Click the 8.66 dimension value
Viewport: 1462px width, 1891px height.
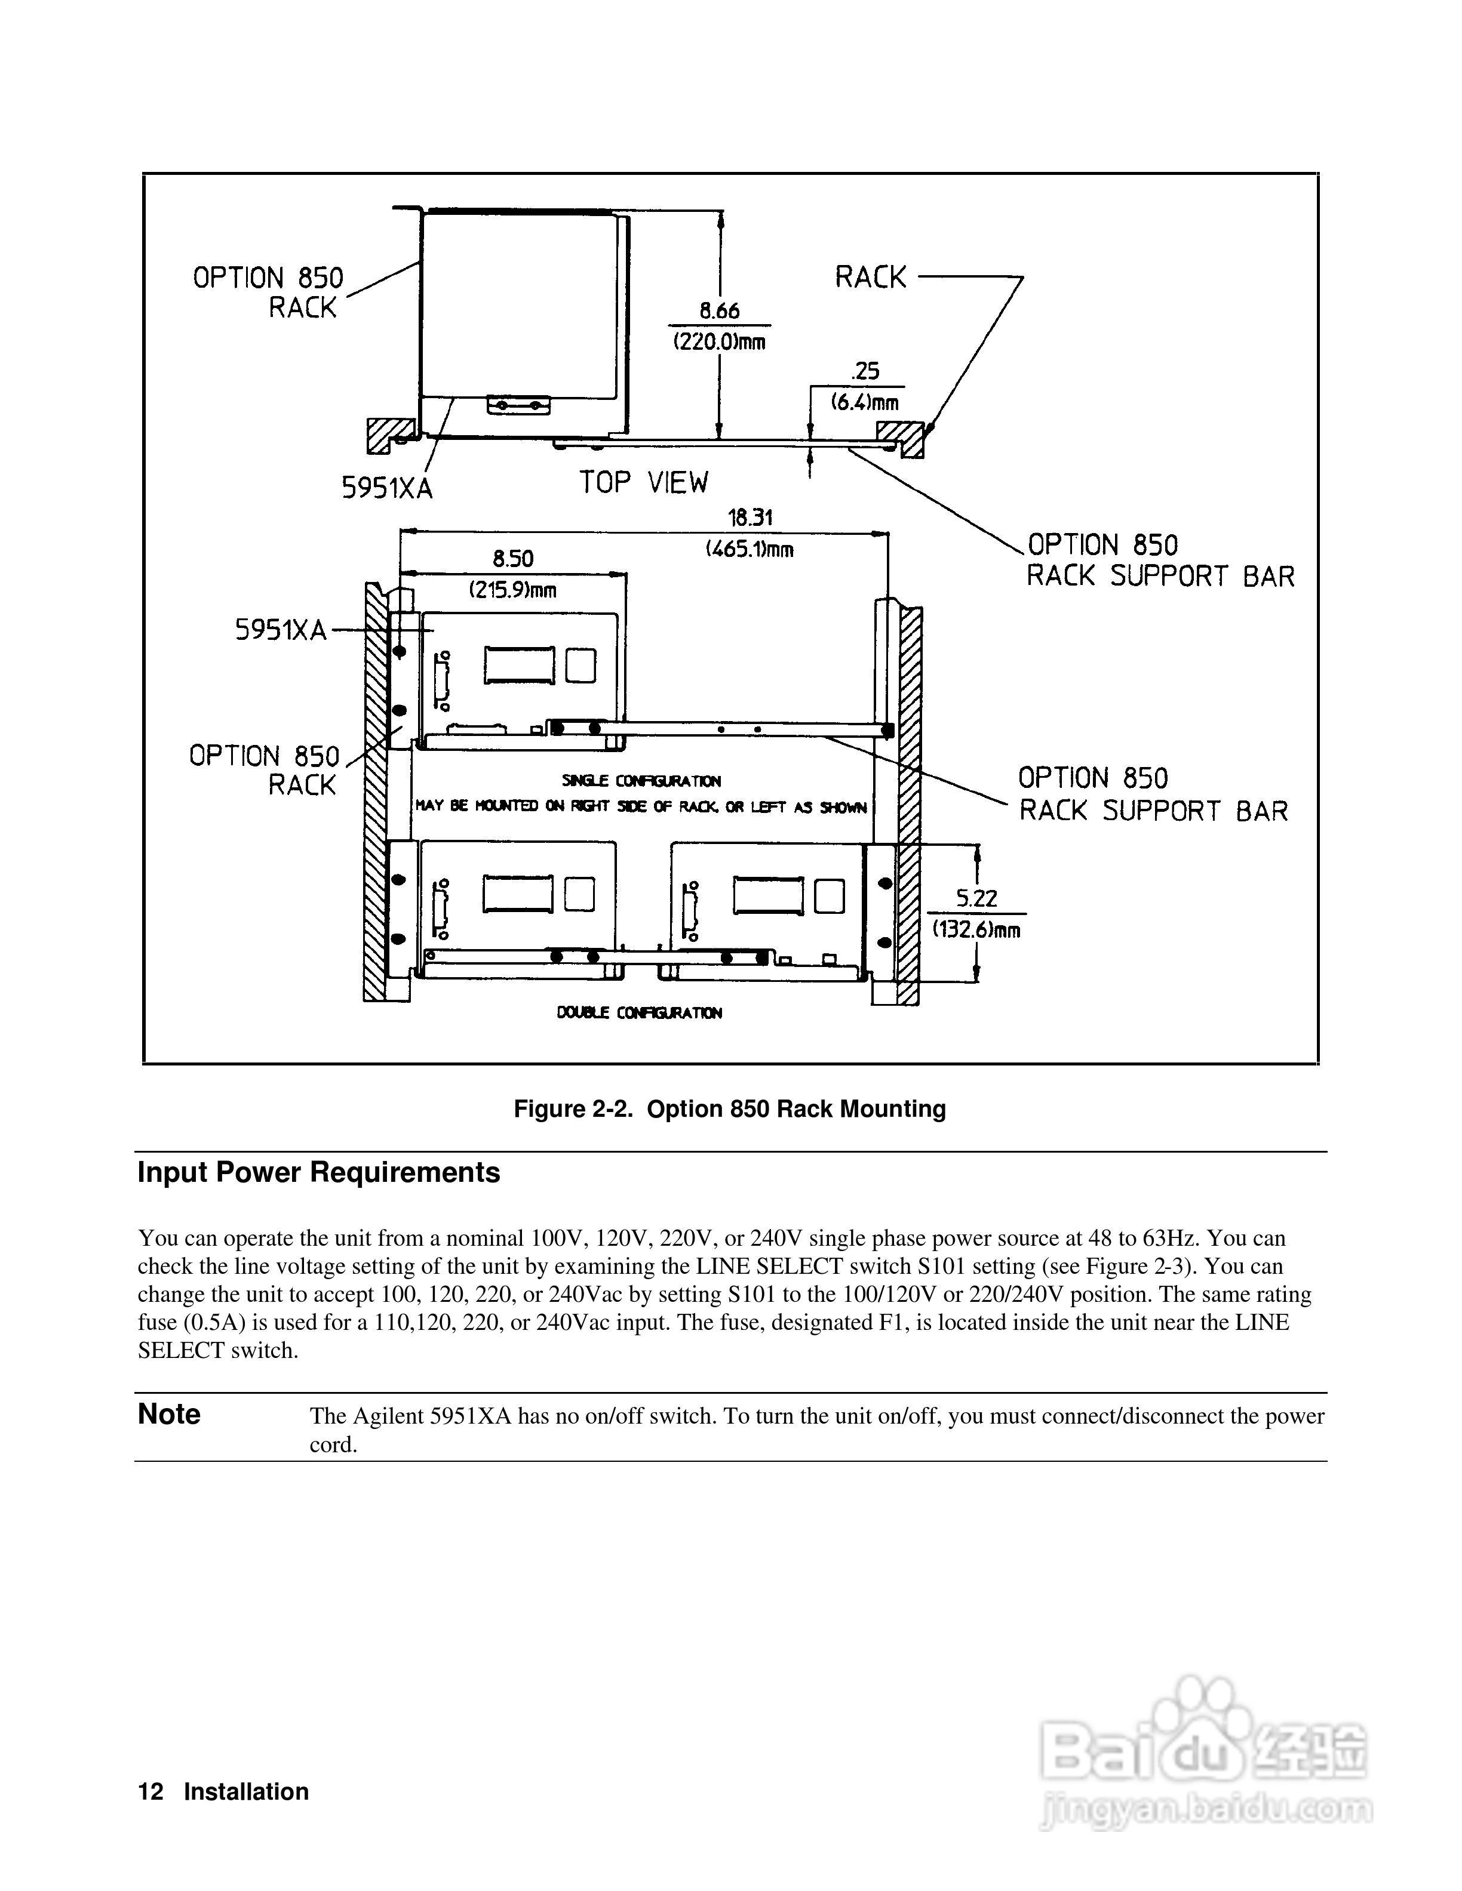(x=719, y=311)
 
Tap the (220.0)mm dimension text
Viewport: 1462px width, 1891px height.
(x=719, y=341)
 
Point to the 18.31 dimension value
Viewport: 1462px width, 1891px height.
(x=750, y=518)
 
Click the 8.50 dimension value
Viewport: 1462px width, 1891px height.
(x=513, y=559)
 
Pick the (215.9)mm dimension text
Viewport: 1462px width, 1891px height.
(x=513, y=590)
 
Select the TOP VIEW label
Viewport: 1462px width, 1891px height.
(x=644, y=482)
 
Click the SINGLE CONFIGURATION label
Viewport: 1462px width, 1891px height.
(x=641, y=781)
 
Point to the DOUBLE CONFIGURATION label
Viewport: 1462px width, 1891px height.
(x=639, y=1012)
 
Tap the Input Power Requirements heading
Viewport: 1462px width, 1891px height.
(x=319, y=1172)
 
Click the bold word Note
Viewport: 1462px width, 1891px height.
(x=169, y=1414)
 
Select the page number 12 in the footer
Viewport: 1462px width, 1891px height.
(x=150, y=1791)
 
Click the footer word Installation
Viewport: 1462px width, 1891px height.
(x=246, y=1791)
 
